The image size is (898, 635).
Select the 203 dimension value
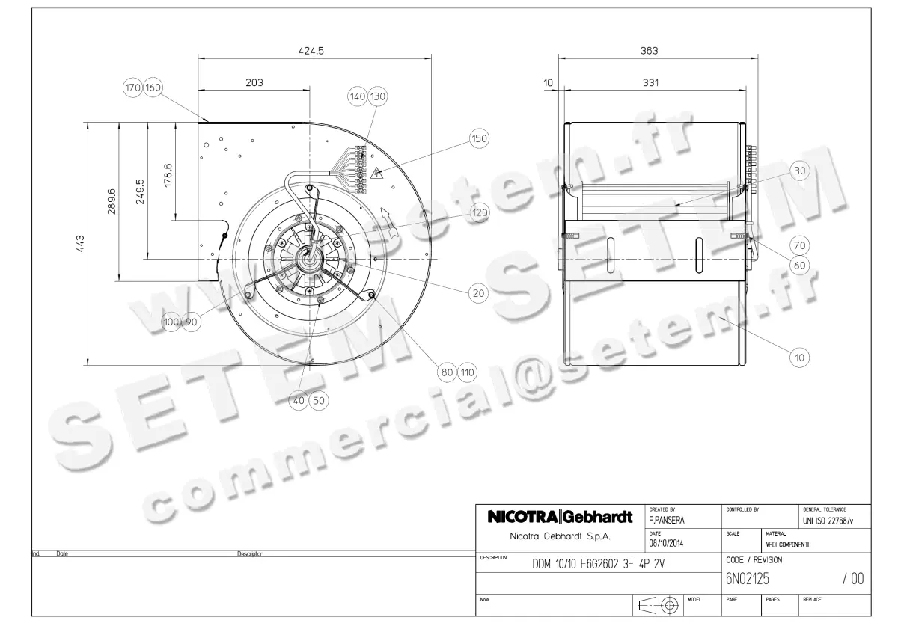click(x=254, y=82)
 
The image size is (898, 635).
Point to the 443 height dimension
click(x=79, y=245)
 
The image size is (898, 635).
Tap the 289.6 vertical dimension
click(x=111, y=201)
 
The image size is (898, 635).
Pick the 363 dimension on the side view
click(x=650, y=51)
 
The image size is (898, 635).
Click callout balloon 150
click(x=479, y=138)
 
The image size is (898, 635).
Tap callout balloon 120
click(x=479, y=212)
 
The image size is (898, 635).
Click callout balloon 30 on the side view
click(x=800, y=171)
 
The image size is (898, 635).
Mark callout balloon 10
click(x=800, y=358)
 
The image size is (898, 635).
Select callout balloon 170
click(x=132, y=88)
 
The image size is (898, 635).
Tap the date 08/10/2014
click(x=666, y=543)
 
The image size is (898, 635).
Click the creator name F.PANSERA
click(x=666, y=518)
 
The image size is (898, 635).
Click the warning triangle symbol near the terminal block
click(x=379, y=174)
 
